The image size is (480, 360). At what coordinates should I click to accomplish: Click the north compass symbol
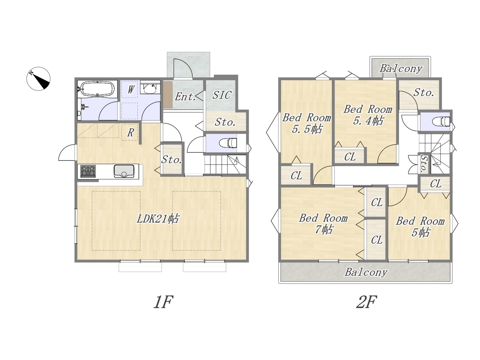[x=38, y=79]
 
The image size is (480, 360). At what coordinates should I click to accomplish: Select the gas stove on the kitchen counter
[x=88, y=171]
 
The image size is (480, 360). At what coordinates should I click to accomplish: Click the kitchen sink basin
[x=124, y=171]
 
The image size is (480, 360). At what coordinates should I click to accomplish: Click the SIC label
[x=222, y=95]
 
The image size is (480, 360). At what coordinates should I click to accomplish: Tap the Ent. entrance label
[x=185, y=97]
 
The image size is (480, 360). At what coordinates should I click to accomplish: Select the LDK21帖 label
[x=158, y=219]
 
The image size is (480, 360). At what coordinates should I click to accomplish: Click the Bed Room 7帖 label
[x=323, y=223]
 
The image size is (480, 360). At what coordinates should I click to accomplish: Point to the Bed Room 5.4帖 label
[x=368, y=115]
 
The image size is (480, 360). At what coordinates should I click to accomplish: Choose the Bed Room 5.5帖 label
[x=307, y=123]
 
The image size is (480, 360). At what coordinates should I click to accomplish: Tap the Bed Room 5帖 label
[x=420, y=226]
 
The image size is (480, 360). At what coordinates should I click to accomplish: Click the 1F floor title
[x=163, y=302]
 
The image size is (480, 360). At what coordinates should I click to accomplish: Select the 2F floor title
[x=366, y=302]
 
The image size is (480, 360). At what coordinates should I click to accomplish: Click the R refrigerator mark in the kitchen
[x=130, y=132]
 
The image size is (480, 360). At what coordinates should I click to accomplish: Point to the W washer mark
[x=131, y=89]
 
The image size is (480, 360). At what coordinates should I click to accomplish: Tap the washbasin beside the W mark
[x=150, y=88]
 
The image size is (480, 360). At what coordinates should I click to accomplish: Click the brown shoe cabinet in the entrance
[x=168, y=94]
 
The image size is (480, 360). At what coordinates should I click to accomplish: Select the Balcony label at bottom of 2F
[x=366, y=272]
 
